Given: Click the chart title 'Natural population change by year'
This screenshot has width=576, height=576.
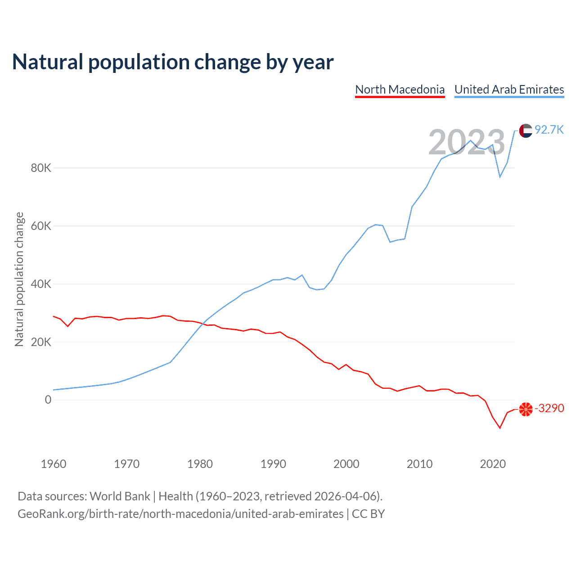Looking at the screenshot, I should (x=173, y=62).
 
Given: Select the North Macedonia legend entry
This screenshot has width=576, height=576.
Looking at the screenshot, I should (x=400, y=90).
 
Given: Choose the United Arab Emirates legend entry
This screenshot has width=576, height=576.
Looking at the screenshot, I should (x=509, y=90).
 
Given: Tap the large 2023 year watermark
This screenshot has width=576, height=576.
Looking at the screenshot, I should (x=467, y=142).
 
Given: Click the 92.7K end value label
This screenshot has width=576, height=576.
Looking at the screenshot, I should (x=549, y=130).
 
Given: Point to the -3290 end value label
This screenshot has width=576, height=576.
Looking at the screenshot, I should (x=549, y=408).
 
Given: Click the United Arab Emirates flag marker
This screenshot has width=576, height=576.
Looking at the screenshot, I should (x=526, y=130).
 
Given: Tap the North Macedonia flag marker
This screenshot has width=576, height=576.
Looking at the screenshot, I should (x=526, y=409).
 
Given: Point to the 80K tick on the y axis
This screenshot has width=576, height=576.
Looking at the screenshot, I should (x=41, y=168).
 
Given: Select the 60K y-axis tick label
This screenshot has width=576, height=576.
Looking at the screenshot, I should (x=41, y=226).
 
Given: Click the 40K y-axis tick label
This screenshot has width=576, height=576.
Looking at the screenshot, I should (x=41, y=284).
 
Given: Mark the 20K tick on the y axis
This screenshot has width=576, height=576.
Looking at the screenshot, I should (x=41, y=342).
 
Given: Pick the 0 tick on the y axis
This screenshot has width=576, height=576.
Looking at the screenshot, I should (x=48, y=400).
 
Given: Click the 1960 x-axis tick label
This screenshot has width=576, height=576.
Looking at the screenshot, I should (x=54, y=464).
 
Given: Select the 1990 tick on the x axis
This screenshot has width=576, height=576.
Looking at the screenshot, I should (x=273, y=464).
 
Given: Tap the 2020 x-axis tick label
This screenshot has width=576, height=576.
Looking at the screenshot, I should (x=493, y=464).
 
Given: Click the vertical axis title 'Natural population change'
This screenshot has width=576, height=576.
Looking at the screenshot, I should (x=19, y=279).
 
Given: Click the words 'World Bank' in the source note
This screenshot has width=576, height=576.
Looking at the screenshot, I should (x=120, y=496).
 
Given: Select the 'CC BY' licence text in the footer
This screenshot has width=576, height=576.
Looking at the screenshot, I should (x=368, y=514).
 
